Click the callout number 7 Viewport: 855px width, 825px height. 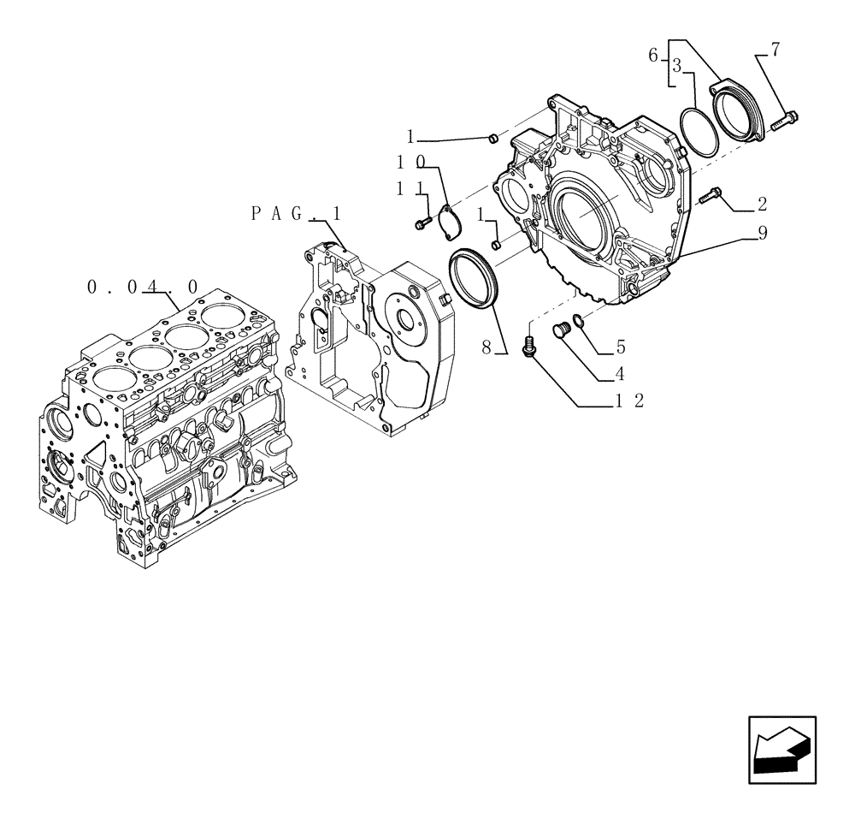[775, 50]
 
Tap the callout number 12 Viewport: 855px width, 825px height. [628, 400]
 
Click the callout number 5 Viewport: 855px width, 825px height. [621, 347]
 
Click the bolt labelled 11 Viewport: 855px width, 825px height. [422, 224]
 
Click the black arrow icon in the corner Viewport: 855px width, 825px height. [781, 749]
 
